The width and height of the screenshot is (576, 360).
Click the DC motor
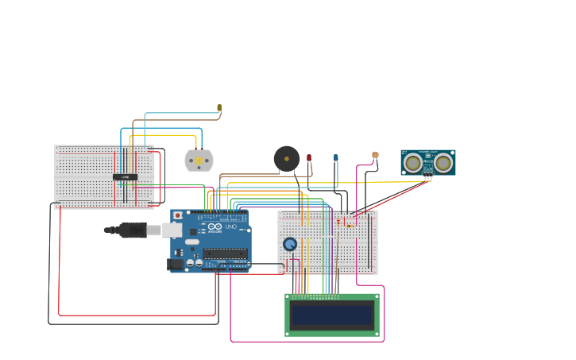(199, 161)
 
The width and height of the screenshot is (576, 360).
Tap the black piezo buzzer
(287, 158)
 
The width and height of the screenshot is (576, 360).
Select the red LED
(309, 159)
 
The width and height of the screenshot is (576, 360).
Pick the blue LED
(335, 157)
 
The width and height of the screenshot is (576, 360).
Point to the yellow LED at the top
(219, 107)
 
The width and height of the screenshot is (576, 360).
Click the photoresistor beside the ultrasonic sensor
(375, 156)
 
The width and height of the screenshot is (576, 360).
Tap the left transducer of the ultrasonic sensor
(412, 162)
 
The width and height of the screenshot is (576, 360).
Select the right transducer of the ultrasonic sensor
(443, 162)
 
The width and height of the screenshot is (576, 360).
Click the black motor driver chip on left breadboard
(125, 176)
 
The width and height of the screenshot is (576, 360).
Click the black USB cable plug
(132, 230)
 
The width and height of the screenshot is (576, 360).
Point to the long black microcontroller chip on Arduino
(224, 254)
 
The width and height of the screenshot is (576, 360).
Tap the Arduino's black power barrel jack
(175, 264)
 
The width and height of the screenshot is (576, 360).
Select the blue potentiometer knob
(290, 244)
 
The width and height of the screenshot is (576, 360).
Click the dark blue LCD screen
(332, 315)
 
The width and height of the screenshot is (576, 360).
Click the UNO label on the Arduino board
(231, 227)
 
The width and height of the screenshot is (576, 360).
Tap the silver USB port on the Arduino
(172, 230)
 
